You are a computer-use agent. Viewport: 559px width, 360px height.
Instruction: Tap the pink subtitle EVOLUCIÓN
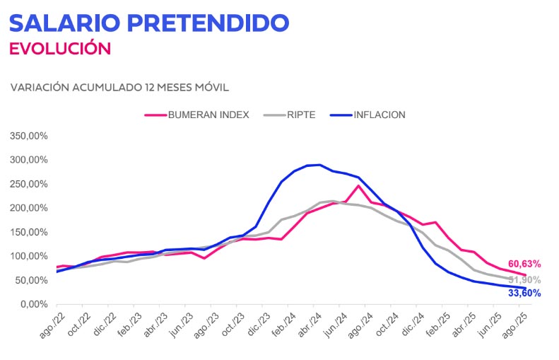[60, 49]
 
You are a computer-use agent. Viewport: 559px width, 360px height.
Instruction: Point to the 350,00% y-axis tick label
[29, 135]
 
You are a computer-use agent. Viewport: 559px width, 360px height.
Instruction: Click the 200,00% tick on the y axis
[29, 208]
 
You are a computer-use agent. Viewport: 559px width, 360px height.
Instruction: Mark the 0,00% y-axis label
[33, 305]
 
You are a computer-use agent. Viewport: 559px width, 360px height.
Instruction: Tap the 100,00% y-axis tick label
[29, 256]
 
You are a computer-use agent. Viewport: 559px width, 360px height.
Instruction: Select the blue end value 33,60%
[524, 293]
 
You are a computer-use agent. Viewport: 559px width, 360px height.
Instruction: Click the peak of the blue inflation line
[319, 165]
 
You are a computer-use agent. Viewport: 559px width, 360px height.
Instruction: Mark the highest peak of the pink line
[359, 185]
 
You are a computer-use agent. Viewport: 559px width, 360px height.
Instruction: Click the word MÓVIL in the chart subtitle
[211, 88]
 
